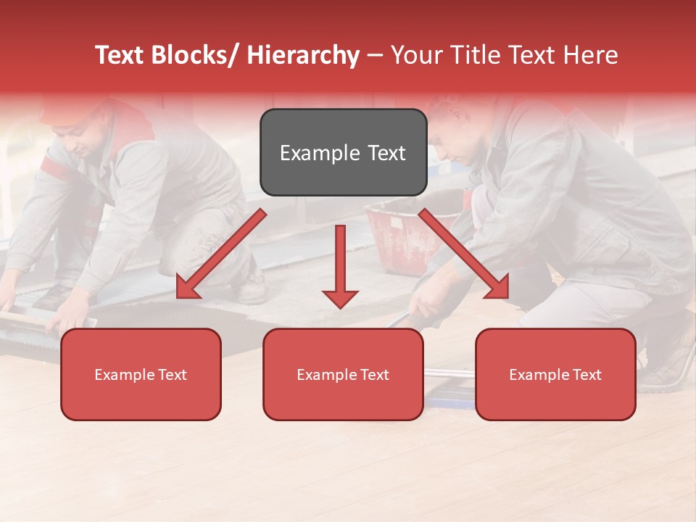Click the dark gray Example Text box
[343, 152]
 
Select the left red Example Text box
[141, 374]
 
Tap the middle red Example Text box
[343, 374]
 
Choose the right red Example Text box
[555, 374]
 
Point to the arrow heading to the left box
[220, 254]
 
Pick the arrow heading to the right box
[464, 254]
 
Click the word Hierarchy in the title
[303, 55]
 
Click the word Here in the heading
[591, 55]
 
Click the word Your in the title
[413, 55]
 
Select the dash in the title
[375, 56]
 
